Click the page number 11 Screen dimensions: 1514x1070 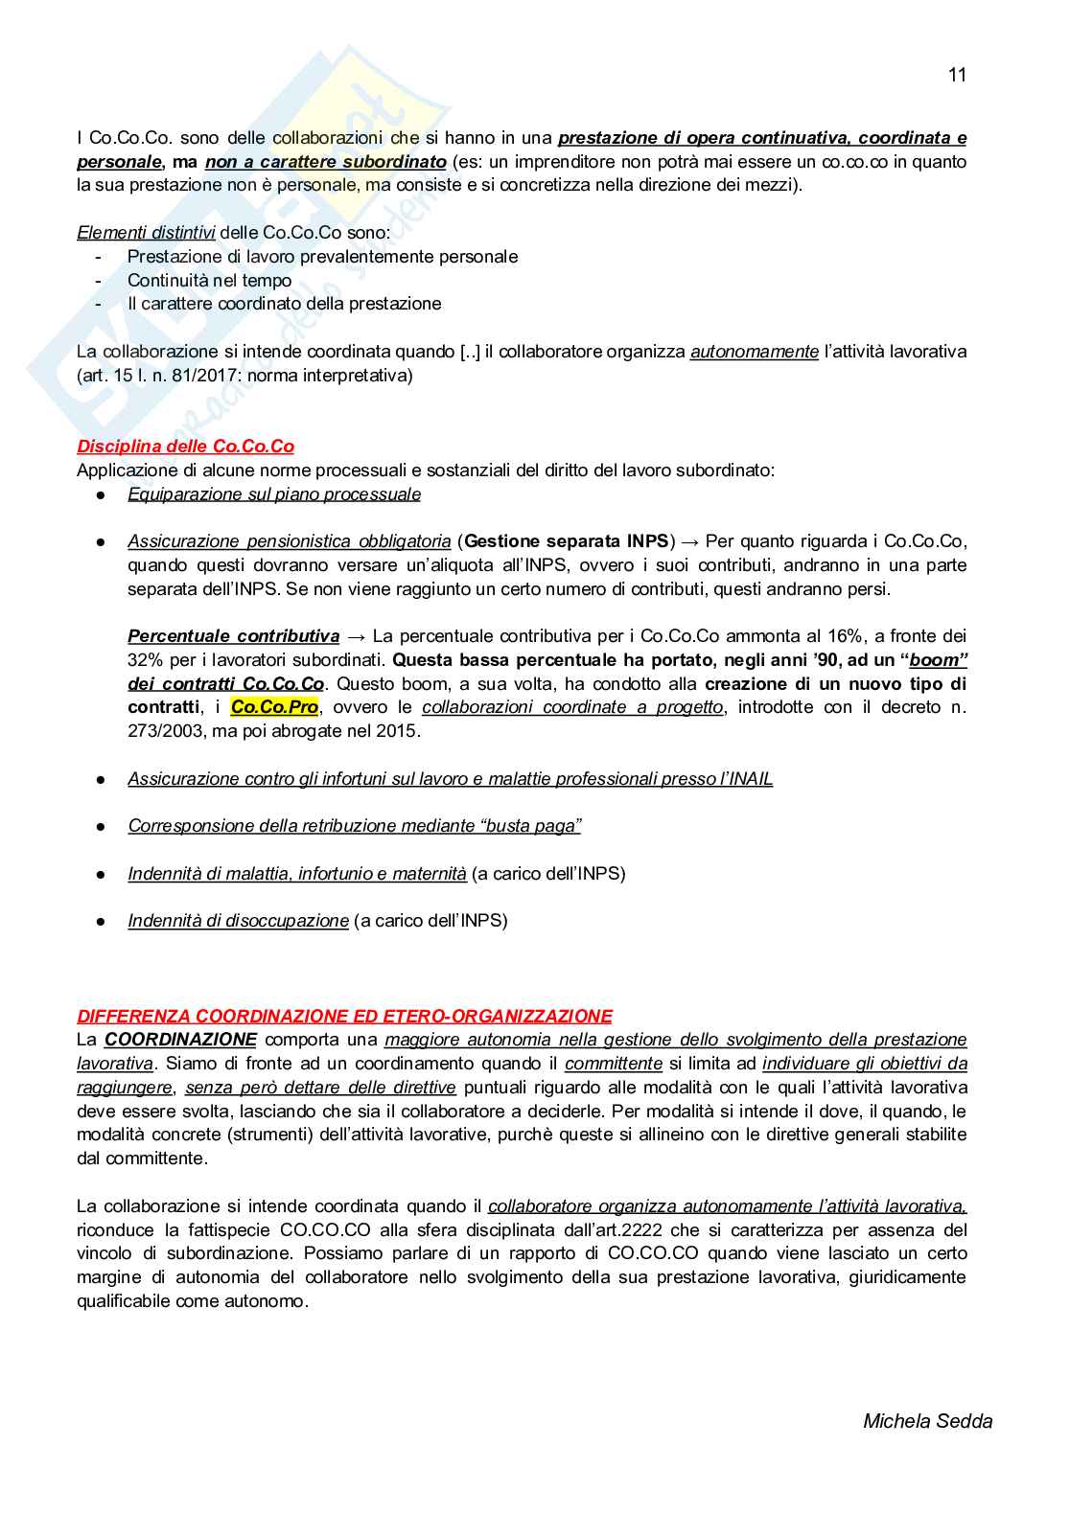(x=956, y=75)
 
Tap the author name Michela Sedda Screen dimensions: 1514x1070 (x=927, y=1421)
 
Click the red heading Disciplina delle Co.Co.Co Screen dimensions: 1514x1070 (x=185, y=447)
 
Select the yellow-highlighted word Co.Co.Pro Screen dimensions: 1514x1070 (x=274, y=707)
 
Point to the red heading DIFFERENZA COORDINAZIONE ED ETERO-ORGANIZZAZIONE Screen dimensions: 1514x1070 (x=344, y=1016)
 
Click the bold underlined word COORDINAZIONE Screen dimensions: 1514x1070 (x=180, y=1040)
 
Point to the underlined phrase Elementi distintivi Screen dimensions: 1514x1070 (x=146, y=233)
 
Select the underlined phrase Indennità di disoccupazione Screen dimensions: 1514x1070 (x=238, y=921)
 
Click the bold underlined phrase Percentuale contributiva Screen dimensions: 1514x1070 (x=233, y=636)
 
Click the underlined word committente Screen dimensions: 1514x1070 (x=613, y=1064)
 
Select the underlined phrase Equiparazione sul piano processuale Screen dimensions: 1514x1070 (x=274, y=494)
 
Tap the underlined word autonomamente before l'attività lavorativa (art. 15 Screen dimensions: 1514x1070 (x=754, y=352)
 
